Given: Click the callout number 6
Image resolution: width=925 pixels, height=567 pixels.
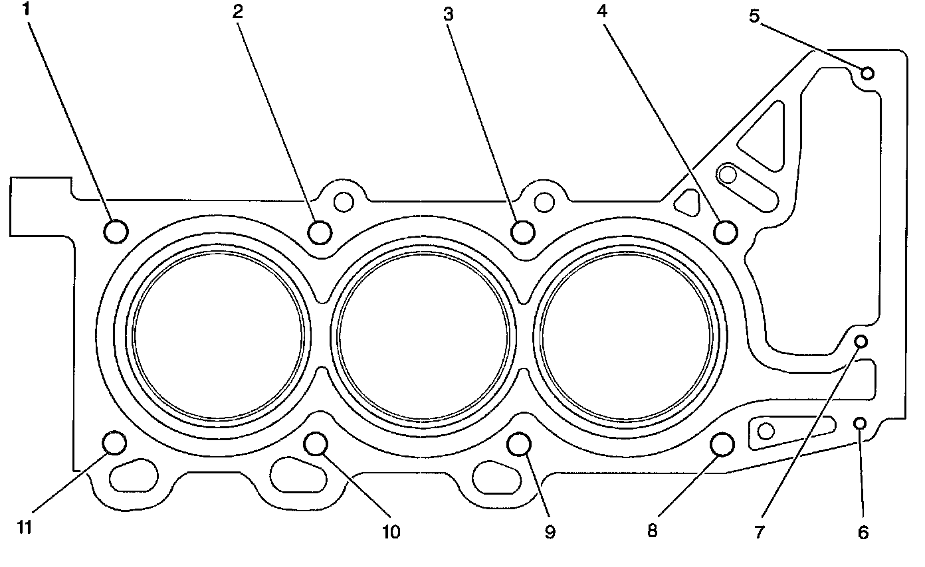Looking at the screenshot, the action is (x=863, y=532).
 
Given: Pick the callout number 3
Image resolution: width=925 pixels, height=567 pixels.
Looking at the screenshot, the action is (x=449, y=15).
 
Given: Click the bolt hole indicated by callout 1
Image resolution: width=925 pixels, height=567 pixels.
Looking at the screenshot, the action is (x=116, y=231).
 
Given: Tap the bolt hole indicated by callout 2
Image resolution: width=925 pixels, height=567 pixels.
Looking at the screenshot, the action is (x=320, y=231).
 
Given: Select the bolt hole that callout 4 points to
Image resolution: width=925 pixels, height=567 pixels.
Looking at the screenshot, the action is (x=725, y=231).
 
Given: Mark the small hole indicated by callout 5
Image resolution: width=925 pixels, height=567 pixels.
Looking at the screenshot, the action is (x=867, y=73).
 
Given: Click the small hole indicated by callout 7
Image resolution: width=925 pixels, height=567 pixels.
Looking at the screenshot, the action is (x=861, y=341).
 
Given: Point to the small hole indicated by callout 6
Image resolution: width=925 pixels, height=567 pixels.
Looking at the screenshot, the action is (x=859, y=423).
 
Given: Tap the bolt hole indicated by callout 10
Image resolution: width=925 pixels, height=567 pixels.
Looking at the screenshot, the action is (x=316, y=443).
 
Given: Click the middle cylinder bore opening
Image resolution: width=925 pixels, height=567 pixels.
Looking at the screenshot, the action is (x=423, y=337).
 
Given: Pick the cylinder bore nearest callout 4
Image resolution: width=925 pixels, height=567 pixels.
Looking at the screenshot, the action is (x=627, y=337).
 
